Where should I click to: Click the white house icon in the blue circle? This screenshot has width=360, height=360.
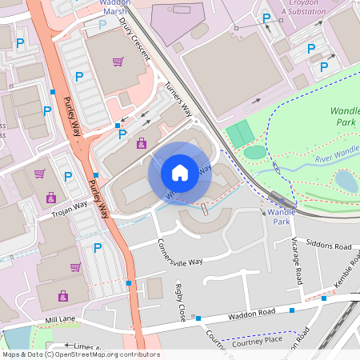point(180,173)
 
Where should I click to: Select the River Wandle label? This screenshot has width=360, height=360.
point(337,154)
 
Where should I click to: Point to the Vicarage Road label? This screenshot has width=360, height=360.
point(298,262)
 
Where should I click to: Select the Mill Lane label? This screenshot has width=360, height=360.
point(59,319)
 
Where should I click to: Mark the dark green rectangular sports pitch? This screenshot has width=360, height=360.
point(239,134)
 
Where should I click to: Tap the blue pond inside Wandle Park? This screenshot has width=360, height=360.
point(346,181)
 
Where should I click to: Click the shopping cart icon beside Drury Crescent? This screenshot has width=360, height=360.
point(118,61)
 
